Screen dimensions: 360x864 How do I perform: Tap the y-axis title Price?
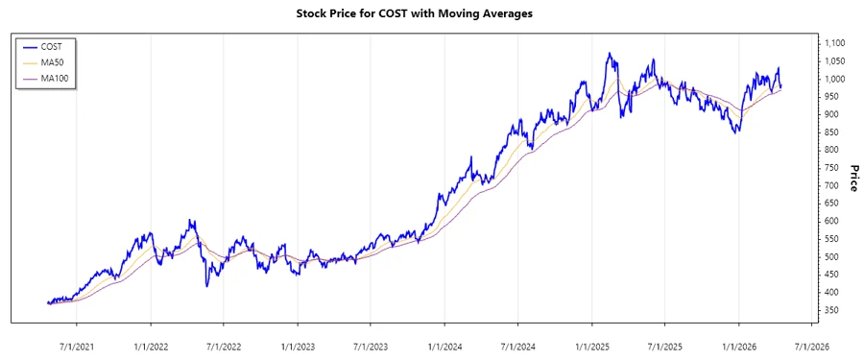click(852, 178)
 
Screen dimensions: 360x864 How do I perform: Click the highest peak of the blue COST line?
click(609, 54)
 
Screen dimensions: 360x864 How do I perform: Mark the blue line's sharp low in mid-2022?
click(206, 285)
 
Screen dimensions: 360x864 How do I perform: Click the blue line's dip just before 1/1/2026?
click(736, 132)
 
